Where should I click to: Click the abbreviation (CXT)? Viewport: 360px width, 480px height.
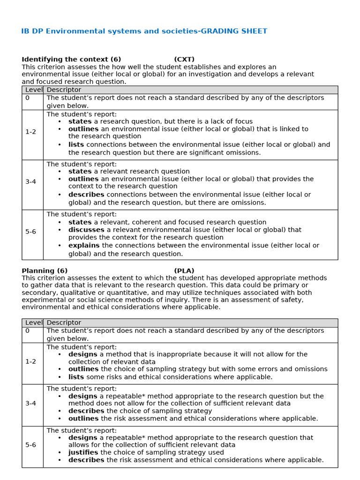coord(184,59)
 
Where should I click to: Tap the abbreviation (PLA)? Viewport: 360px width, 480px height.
coord(184,270)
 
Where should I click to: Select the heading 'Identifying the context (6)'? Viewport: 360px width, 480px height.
coord(71,59)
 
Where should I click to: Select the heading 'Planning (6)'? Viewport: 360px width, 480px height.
coord(45,270)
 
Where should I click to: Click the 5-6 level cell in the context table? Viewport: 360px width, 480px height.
coord(30,232)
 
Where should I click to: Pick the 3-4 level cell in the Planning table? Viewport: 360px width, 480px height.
coord(30,403)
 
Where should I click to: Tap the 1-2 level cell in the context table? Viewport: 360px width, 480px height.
coord(30,132)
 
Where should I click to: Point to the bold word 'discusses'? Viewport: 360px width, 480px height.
coord(86,230)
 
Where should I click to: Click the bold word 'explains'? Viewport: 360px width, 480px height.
coord(84,245)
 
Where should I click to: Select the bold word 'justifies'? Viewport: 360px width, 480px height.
coord(83,452)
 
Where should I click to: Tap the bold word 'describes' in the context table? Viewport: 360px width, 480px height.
coord(86,195)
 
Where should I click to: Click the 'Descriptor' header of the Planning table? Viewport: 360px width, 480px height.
coord(64,322)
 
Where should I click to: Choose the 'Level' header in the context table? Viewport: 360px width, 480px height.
coord(33,90)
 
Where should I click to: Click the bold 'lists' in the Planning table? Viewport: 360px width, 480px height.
coord(76,377)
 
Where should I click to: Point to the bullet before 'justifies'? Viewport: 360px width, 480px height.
coord(60,452)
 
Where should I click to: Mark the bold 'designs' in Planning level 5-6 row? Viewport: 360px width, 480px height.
coord(82,437)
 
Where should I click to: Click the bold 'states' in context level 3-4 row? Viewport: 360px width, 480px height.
coord(80,172)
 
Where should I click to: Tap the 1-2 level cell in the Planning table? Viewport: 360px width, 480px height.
coord(30,362)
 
